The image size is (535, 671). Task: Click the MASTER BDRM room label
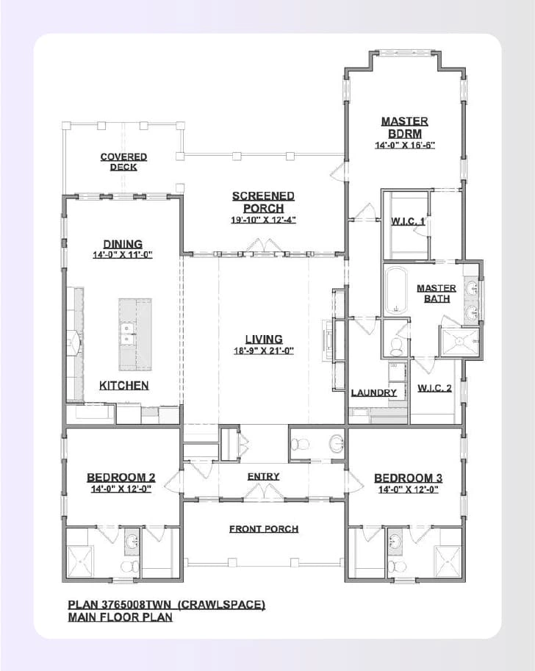[404, 126]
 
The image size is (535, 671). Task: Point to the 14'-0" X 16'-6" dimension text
[405, 146]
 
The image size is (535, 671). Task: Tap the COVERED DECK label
[123, 162]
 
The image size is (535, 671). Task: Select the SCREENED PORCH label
[263, 201]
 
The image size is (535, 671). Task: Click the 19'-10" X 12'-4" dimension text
[263, 220]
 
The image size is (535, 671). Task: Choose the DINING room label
[123, 244]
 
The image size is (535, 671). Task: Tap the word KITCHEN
[123, 385]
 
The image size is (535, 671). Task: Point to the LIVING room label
[263, 339]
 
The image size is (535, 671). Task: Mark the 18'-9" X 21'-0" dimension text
[263, 351]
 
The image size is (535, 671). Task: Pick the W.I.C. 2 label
[434, 388]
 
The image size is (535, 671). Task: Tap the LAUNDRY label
[373, 392]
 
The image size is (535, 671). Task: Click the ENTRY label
[263, 476]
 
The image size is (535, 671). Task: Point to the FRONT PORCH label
[263, 528]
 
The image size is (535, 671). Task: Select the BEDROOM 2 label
[121, 478]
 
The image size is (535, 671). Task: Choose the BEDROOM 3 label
[408, 478]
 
